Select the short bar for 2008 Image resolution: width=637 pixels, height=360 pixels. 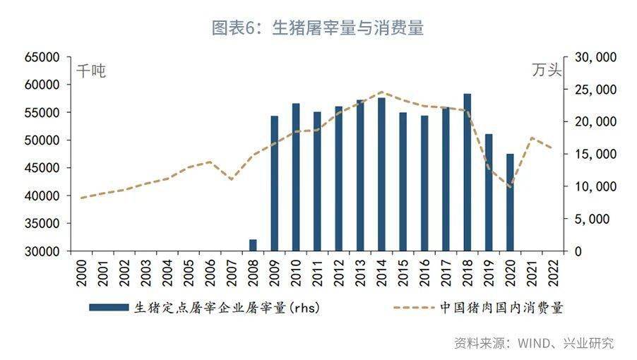point(253,246)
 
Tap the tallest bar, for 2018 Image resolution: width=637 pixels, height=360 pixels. point(467,172)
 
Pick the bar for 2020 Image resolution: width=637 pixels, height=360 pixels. point(510,202)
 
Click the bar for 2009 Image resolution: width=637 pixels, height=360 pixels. point(274,184)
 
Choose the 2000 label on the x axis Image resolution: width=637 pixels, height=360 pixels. point(82,272)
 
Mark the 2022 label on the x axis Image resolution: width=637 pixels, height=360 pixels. point(553,272)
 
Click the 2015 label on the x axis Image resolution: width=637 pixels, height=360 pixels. point(403,272)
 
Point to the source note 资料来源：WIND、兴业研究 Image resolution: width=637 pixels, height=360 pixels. point(534,343)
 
